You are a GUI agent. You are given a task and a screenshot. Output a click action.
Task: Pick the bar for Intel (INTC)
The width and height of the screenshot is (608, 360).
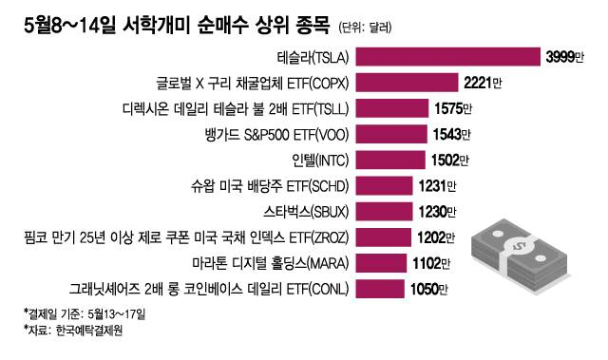tap(389, 160)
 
